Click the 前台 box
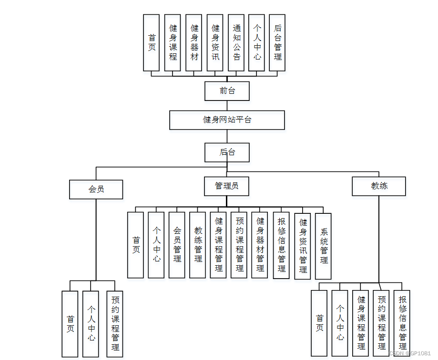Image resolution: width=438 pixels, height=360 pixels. [x=227, y=90]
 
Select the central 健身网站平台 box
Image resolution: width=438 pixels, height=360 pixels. [x=227, y=120]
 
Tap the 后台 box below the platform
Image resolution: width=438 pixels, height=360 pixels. [x=227, y=152]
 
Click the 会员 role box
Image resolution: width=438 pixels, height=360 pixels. [x=96, y=189]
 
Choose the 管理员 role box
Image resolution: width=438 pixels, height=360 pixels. [x=227, y=186]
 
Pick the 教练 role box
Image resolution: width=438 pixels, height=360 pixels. [x=379, y=186]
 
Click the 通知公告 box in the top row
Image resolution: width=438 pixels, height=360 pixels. [x=237, y=42]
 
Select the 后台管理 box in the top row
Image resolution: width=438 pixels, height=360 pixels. [x=277, y=42]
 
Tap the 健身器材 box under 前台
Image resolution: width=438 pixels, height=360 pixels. [x=194, y=42]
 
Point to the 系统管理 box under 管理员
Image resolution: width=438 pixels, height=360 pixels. [x=323, y=246]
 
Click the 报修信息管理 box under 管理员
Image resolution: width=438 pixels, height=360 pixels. [x=281, y=245]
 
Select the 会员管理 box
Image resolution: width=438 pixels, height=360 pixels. [x=177, y=245]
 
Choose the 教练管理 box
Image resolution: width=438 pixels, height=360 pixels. [x=198, y=245]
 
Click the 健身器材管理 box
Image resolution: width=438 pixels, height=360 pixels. [x=260, y=245]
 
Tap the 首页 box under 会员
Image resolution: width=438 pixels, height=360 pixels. [x=70, y=324]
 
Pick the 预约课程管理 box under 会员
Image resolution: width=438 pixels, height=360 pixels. [x=115, y=324]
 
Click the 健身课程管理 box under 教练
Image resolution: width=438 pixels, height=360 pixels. [x=361, y=323]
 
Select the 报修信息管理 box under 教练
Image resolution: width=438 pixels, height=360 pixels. [x=402, y=323]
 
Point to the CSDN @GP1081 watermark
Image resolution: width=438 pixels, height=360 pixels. [x=410, y=353]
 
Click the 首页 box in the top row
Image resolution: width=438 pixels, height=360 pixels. [x=152, y=42]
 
